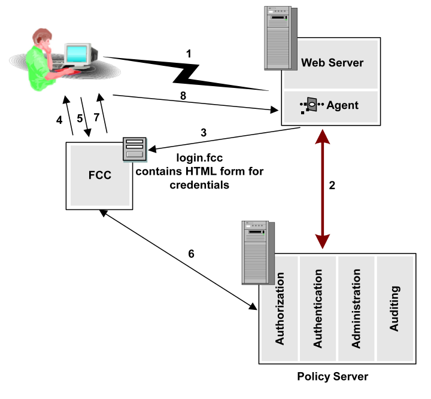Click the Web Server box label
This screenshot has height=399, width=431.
tap(332, 63)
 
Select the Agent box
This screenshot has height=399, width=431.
tap(331, 106)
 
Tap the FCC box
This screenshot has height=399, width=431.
tap(100, 176)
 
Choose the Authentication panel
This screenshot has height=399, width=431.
tap(318, 307)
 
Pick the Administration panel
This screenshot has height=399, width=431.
tap(357, 307)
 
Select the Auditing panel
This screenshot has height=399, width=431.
tap(394, 307)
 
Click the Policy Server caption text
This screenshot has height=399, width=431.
tap(333, 376)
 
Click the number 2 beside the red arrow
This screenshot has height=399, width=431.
tap(333, 185)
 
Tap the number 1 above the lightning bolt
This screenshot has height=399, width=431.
tap(189, 54)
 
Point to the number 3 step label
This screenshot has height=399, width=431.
tap(204, 133)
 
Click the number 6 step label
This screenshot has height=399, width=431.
tap(191, 254)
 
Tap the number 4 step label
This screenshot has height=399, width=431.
tap(59, 120)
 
